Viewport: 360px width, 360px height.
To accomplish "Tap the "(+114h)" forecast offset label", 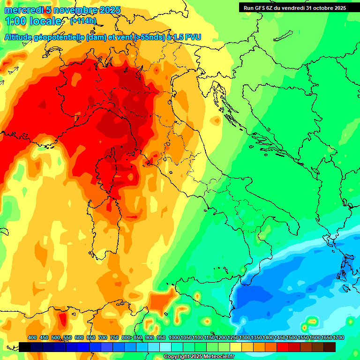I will pyautogui.click(x=83, y=21).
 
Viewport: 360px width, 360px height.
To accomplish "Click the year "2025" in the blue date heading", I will pyautogui.click(x=107, y=10).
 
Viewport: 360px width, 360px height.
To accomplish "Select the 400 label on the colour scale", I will pyautogui.click(x=32, y=337).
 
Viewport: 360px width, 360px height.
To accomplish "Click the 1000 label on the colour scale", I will pyautogui.click(x=174, y=337).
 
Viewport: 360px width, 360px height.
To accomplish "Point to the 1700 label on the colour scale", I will pyautogui.click(x=338, y=337).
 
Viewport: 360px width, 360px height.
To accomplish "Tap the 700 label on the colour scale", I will pyautogui.click(x=103, y=337).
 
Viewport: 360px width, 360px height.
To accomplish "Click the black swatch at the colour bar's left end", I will pyautogui.click(x=25, y=347).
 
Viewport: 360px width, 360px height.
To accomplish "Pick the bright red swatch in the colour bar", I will pyautogui.click(x=283, y=347).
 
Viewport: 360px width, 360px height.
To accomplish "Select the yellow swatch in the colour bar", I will pyautogui.click(x=236, y=347).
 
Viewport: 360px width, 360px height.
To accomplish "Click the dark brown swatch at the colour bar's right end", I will pyautogui.click(x=330, y=347).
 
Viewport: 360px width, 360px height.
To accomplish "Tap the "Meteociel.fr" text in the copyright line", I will pyautogui.click(x=217, y=357).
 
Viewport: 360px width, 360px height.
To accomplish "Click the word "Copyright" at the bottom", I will pyautogui.click(x=177, y=357).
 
